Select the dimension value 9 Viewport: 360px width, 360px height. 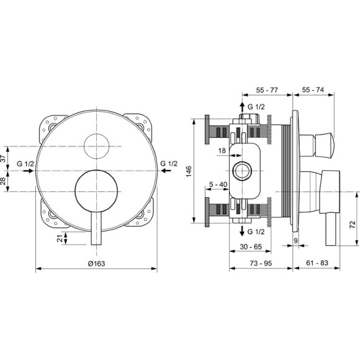297,240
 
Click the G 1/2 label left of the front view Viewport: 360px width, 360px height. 25,164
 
